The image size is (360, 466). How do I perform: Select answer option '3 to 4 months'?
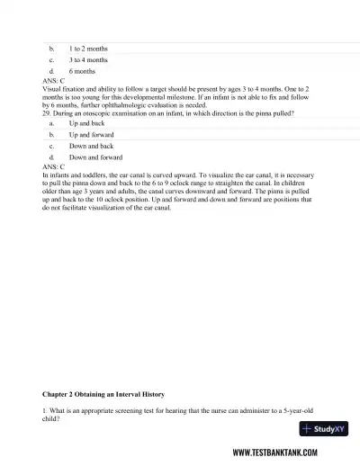[88, 58]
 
